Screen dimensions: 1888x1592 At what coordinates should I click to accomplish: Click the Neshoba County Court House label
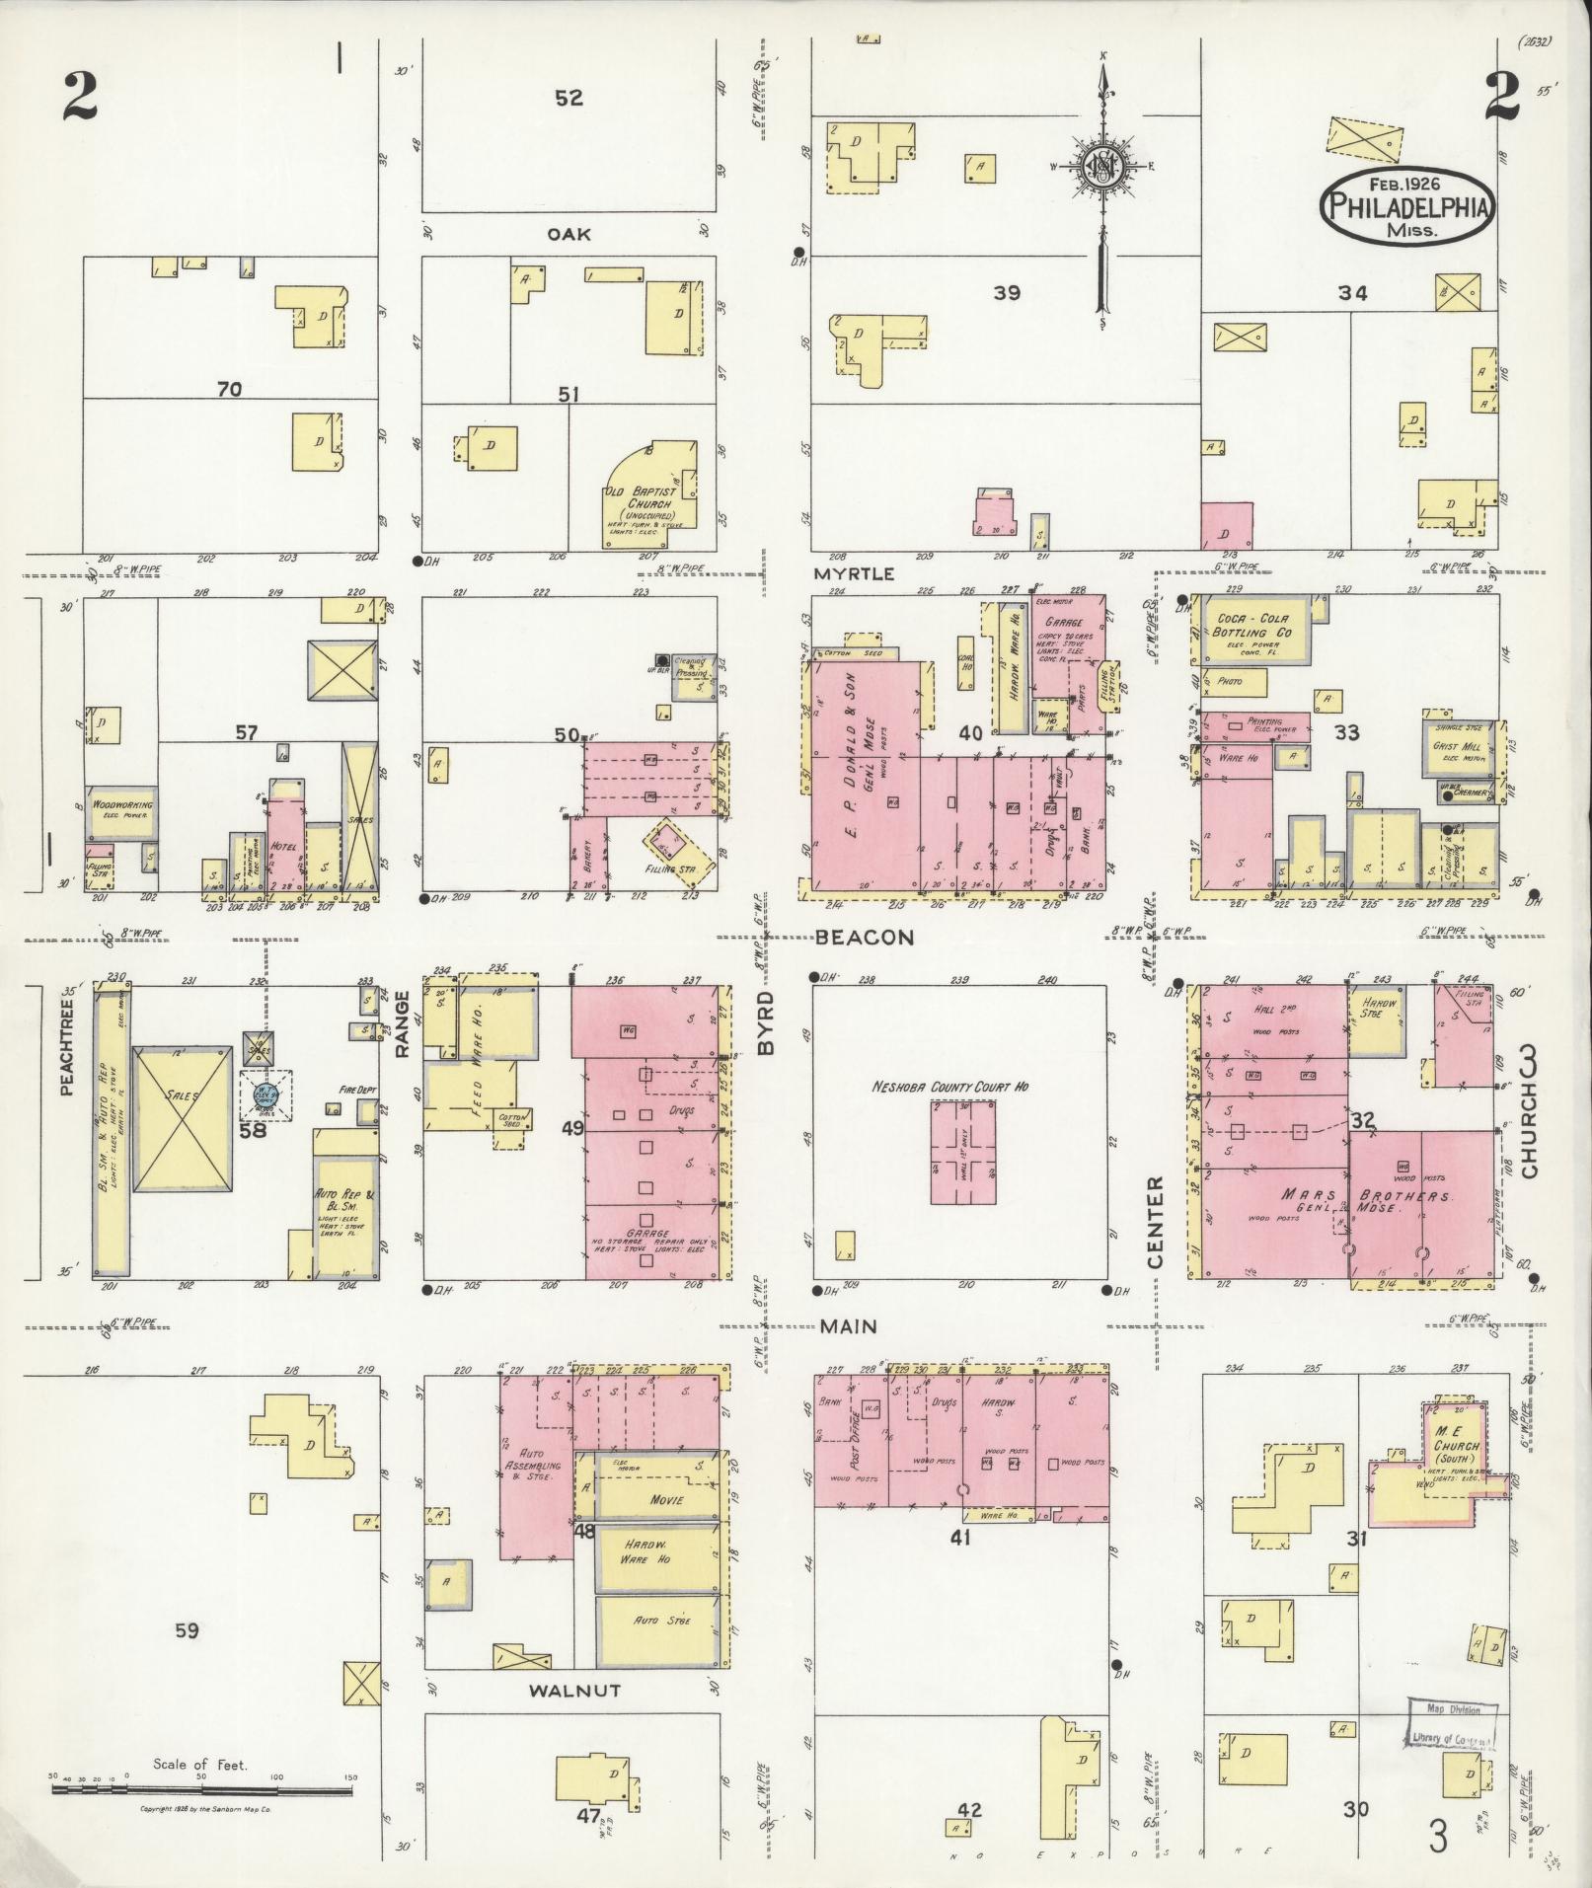[949, 1087]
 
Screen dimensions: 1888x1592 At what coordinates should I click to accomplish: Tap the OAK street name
[569, 234]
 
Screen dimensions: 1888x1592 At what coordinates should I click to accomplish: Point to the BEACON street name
[865, 938]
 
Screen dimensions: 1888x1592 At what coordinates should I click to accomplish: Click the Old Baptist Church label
[642, 503]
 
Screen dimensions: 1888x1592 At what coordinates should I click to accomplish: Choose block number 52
[569, 98]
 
